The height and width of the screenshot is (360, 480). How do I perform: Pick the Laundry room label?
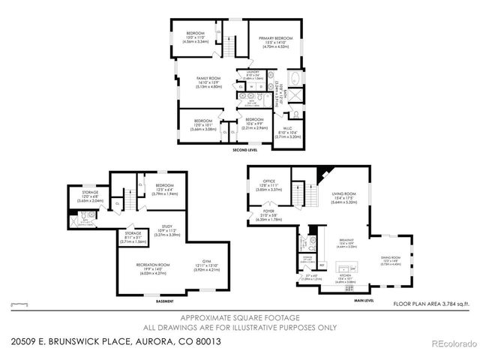(x=253, y=73)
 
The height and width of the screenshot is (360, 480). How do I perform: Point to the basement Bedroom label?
(x=165, y=185)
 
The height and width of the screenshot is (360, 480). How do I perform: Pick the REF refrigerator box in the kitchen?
(x=322, y=264)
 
